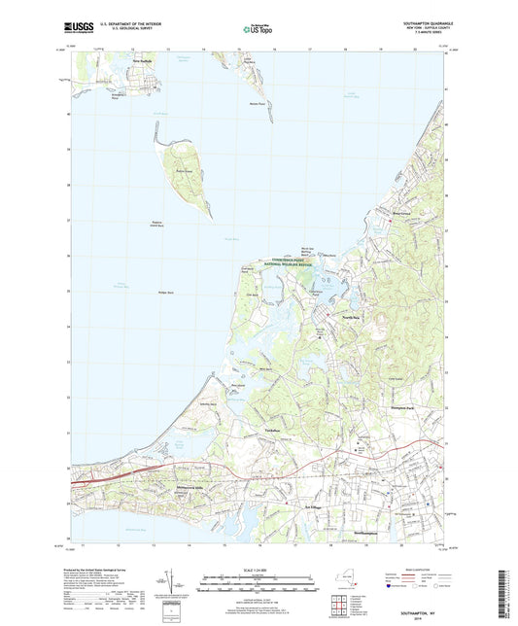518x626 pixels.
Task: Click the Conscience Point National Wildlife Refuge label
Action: pos(294,263)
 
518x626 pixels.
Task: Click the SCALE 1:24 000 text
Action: pos(259,569)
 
